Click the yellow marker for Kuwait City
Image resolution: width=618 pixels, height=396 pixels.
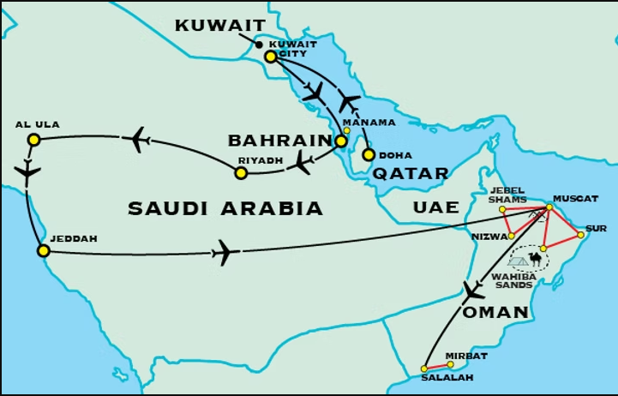[270, 57]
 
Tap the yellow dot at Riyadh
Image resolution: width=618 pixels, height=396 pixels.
[241, 173]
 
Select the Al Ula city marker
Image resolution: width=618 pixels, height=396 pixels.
[33, 140]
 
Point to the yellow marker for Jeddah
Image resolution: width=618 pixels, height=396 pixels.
[43, 251]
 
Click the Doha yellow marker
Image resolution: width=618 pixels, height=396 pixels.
[369, 155]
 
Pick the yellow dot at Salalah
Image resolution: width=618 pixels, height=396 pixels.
[424, 369]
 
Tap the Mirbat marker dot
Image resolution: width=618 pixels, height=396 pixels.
[450, 364]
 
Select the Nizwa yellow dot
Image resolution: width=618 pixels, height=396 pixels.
[511, 236]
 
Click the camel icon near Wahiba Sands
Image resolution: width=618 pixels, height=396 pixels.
[537, 257]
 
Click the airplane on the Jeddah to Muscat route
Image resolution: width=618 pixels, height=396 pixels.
[224, 252]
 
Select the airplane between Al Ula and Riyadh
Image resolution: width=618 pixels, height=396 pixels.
[138, 138]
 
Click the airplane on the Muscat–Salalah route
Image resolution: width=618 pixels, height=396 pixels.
[472, 291]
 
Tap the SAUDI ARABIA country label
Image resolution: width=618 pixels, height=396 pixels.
[225, 208]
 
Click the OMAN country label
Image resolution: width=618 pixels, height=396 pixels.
[495, 313]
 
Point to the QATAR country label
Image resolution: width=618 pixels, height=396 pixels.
[411, 174]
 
